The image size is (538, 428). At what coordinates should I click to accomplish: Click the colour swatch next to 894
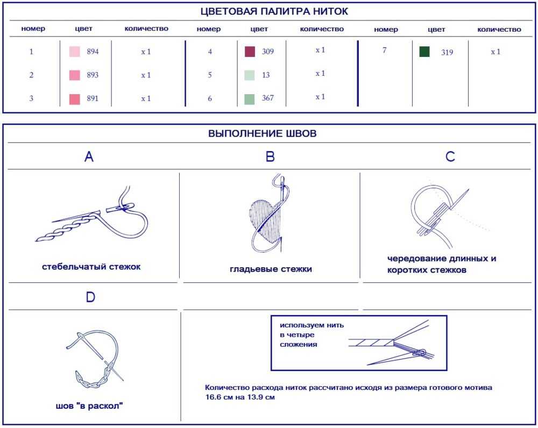click(74, 52)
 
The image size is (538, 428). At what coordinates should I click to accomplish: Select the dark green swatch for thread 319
click(424, 52)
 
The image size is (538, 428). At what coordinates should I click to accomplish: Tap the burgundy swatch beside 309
click(250, 52)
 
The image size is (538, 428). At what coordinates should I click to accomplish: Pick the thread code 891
click(93, 98)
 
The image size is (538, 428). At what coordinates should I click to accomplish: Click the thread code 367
click(268, 98)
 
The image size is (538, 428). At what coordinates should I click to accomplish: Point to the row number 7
click(384, 50)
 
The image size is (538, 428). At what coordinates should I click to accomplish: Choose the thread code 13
click(266, 75)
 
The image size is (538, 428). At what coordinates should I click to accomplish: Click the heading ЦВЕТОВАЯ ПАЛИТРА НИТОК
click(274, 11)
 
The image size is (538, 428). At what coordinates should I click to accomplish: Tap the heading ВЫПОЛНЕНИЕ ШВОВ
click(263, 133)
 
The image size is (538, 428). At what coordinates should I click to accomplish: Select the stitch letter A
click(89, 156)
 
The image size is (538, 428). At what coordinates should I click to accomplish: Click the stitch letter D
click(90, 297)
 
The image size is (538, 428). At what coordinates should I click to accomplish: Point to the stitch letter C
click(450, 156)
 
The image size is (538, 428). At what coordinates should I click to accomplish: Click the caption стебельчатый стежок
click(91, 267)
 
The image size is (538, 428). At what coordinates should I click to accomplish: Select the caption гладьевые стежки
click(271, 269)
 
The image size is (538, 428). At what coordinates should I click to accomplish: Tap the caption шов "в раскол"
click(89, 406)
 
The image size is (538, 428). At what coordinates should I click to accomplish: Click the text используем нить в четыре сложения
click(312, 335)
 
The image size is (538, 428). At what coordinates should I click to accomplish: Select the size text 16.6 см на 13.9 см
click(240, 397)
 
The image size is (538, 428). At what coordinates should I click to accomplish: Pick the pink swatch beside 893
click(74, 75)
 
